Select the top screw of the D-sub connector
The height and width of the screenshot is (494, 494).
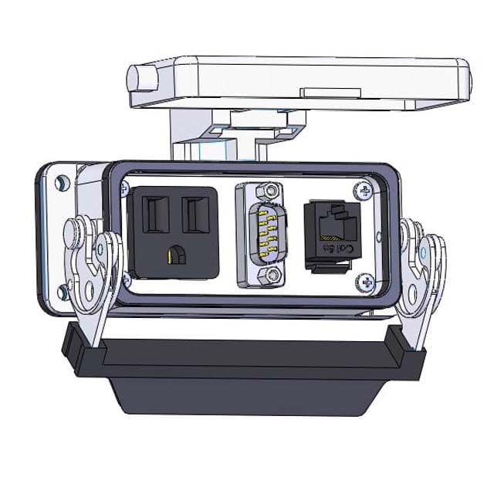click(x=267, y=190)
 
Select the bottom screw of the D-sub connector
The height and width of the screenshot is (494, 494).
click(x=266, y=274)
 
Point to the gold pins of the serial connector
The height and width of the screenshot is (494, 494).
click(x=267, y=232)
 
